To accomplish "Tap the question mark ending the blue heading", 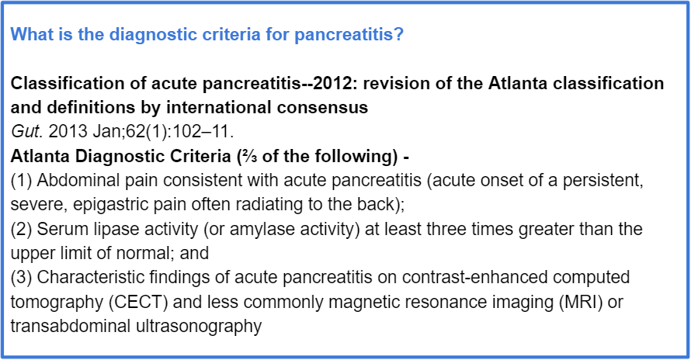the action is pyautogui.click(x=399, y=34).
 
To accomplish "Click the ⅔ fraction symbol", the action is pyautogui.click(x=248, y=156).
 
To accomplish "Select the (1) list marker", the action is pyautogui.click(x=21, y=180).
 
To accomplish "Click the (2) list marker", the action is pyautogui.click(x=21, y=229).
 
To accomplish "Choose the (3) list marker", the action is pyautogui.click(x=21, y=278).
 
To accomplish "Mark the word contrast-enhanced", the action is pyautogui.click(x=475, y=278).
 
